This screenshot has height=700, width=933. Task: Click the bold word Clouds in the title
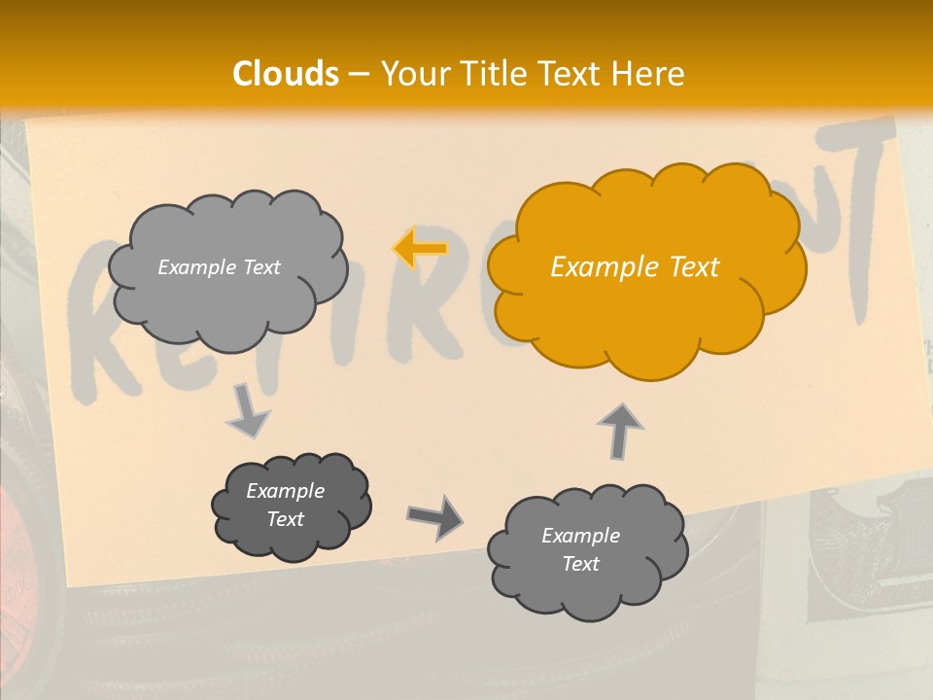[286, 74]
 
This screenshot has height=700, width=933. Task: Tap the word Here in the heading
[648, 74]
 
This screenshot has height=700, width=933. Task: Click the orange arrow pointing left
[420, 249]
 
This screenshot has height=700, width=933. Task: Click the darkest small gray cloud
[290, 506]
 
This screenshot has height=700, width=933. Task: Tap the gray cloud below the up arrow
[586, 550]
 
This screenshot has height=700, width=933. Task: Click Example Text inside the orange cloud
[635, 267]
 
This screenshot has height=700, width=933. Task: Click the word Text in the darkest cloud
[286, 519]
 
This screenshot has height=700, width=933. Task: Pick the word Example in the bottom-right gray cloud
[580, 536]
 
